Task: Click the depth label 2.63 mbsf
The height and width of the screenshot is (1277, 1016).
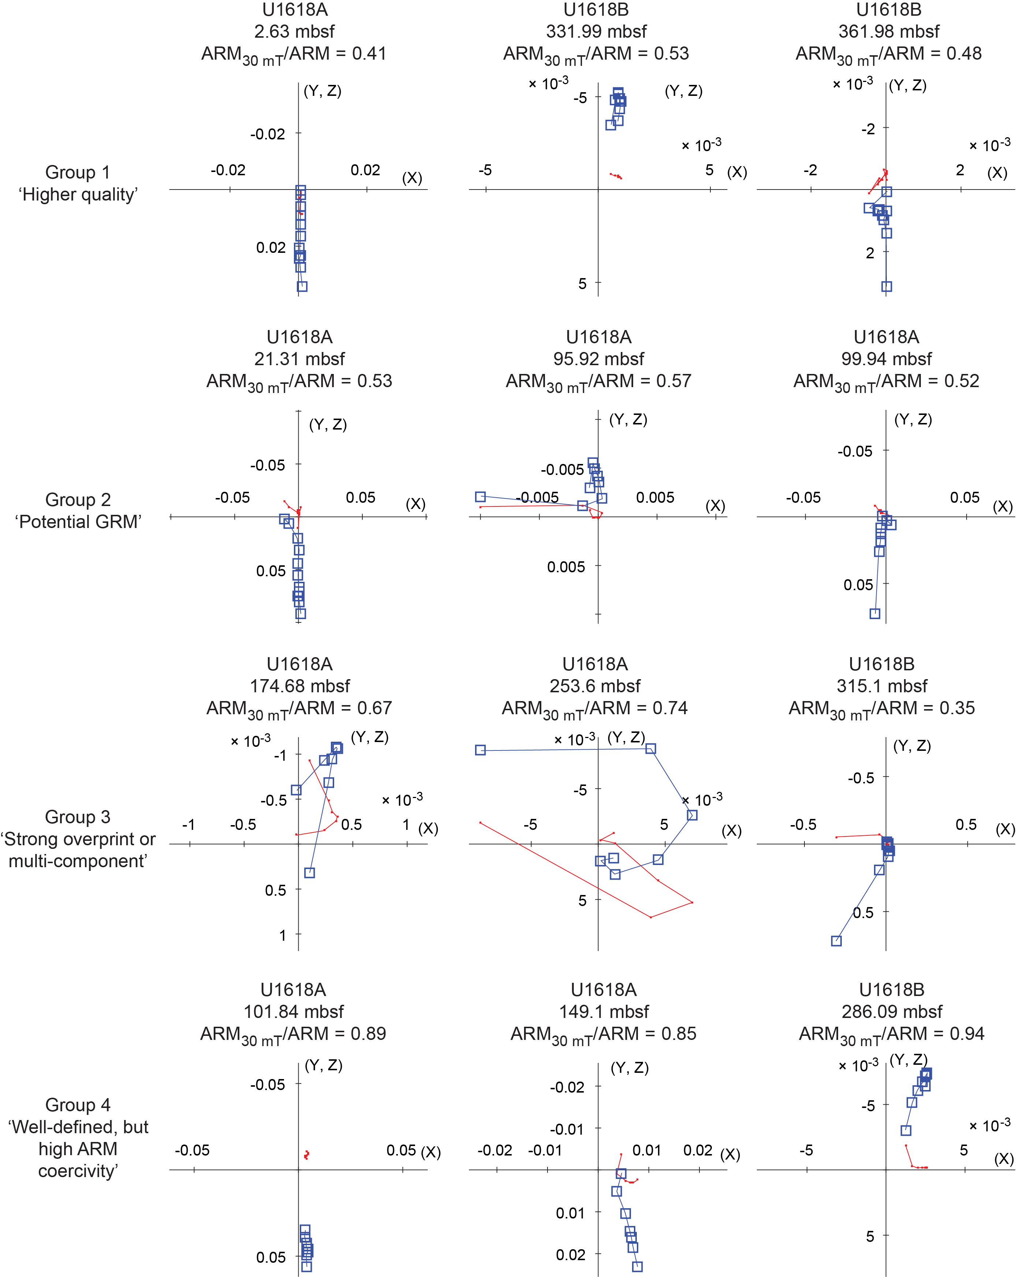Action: [x=294, y=31]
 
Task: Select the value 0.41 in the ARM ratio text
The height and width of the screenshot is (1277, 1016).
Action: [x=369, y=54]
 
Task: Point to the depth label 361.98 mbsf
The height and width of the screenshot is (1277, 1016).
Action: [x=889, y=31]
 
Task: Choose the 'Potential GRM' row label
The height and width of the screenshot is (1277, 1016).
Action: [x=78, y=522]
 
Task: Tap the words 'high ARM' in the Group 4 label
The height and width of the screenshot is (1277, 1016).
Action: [x=78, y=1149]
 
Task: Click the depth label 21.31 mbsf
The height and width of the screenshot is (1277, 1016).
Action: [x=299, y=359]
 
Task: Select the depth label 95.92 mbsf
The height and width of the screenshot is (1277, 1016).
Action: [x=598, y=359]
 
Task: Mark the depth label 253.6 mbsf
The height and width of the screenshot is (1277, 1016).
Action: [x=595, y=686]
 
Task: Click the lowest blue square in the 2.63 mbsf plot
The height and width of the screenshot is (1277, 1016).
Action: [x=302, y=287]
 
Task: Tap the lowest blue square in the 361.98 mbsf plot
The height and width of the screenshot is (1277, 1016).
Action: [x=886, y=287]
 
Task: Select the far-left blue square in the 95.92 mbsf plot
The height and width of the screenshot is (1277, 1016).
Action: [x=481, y=497]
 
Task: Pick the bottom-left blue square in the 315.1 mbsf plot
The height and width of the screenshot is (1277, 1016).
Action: [x=836, y=941]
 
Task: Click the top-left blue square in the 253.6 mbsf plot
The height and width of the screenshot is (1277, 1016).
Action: [x=481, y=750]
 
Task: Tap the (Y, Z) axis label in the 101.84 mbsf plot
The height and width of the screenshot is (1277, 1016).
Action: [x=324, y=1066]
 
